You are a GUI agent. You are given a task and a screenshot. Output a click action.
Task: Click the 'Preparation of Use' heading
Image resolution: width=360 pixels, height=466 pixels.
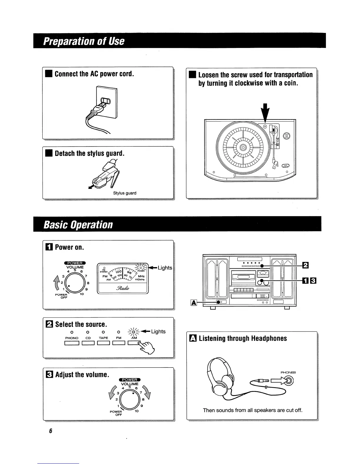click(x=84, y=41)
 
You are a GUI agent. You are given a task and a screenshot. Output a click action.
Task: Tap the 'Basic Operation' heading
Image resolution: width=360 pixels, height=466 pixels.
click(x=78, y=225)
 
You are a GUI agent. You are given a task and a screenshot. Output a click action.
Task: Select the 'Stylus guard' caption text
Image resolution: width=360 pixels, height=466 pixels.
click(x=125, y=193)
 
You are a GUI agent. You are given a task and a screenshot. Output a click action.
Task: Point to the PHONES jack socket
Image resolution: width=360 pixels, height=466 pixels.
click(x=289, y=381)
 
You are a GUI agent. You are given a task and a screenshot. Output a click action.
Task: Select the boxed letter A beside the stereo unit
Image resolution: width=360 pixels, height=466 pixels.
click(x=194, y=302)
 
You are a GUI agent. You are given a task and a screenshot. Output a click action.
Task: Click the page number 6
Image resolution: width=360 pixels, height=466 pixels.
click(x=50, y=431)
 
